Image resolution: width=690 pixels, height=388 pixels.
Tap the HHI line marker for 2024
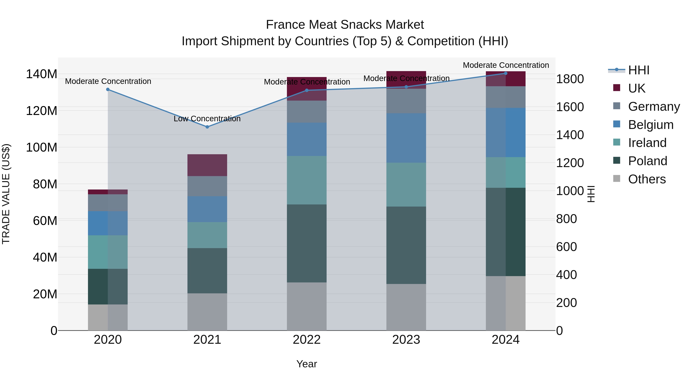coord(506,73)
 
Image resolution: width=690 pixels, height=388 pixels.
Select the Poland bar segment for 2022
coord(307,243)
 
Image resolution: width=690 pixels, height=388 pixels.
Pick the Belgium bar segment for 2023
coord(406,138)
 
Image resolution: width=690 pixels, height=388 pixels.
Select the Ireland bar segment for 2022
coord(307,180)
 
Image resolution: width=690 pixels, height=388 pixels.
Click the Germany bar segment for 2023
coord(406,101)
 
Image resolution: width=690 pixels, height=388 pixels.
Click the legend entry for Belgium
coord(651,125)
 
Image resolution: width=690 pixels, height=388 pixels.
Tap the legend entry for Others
coord(647,179)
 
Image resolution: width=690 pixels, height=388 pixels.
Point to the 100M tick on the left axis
coord(42,148)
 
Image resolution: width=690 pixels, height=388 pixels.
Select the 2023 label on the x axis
coord(406,340)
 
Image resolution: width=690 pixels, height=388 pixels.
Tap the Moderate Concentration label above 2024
coord(506,65)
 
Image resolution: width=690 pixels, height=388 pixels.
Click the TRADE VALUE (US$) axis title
coord(6,194)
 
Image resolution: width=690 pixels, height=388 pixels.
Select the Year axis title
coord(307,364)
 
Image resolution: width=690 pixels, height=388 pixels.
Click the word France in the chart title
coord(286,25)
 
